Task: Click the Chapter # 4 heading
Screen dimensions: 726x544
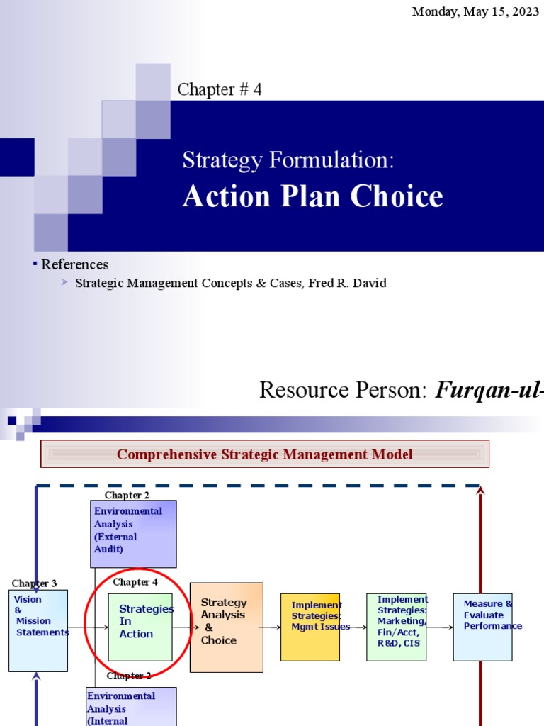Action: (220, 89)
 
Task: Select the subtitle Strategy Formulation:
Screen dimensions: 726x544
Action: (288, 160)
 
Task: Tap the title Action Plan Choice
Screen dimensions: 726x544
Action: (312, 197)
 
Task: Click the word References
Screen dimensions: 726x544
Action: (74, 264)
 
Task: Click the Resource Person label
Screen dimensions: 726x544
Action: (344, 390)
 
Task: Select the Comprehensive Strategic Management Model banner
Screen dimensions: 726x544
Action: (264, 454)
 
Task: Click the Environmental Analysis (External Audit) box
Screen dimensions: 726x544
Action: (133, 533)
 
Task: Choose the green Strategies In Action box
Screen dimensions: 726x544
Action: (140, 627)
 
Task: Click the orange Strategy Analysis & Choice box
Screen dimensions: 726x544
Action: (226, 627)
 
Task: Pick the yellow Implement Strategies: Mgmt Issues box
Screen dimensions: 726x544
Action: (310, 627)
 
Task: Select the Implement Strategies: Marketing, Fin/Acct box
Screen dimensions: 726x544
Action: (396, 627)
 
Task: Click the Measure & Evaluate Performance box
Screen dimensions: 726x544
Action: (482, 627)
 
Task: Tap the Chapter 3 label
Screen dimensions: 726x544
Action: (34, 583)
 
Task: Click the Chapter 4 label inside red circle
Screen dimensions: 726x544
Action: (135, 582)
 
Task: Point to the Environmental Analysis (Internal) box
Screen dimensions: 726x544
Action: (131, 706)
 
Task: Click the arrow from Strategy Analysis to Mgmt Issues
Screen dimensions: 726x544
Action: (271, 627)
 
